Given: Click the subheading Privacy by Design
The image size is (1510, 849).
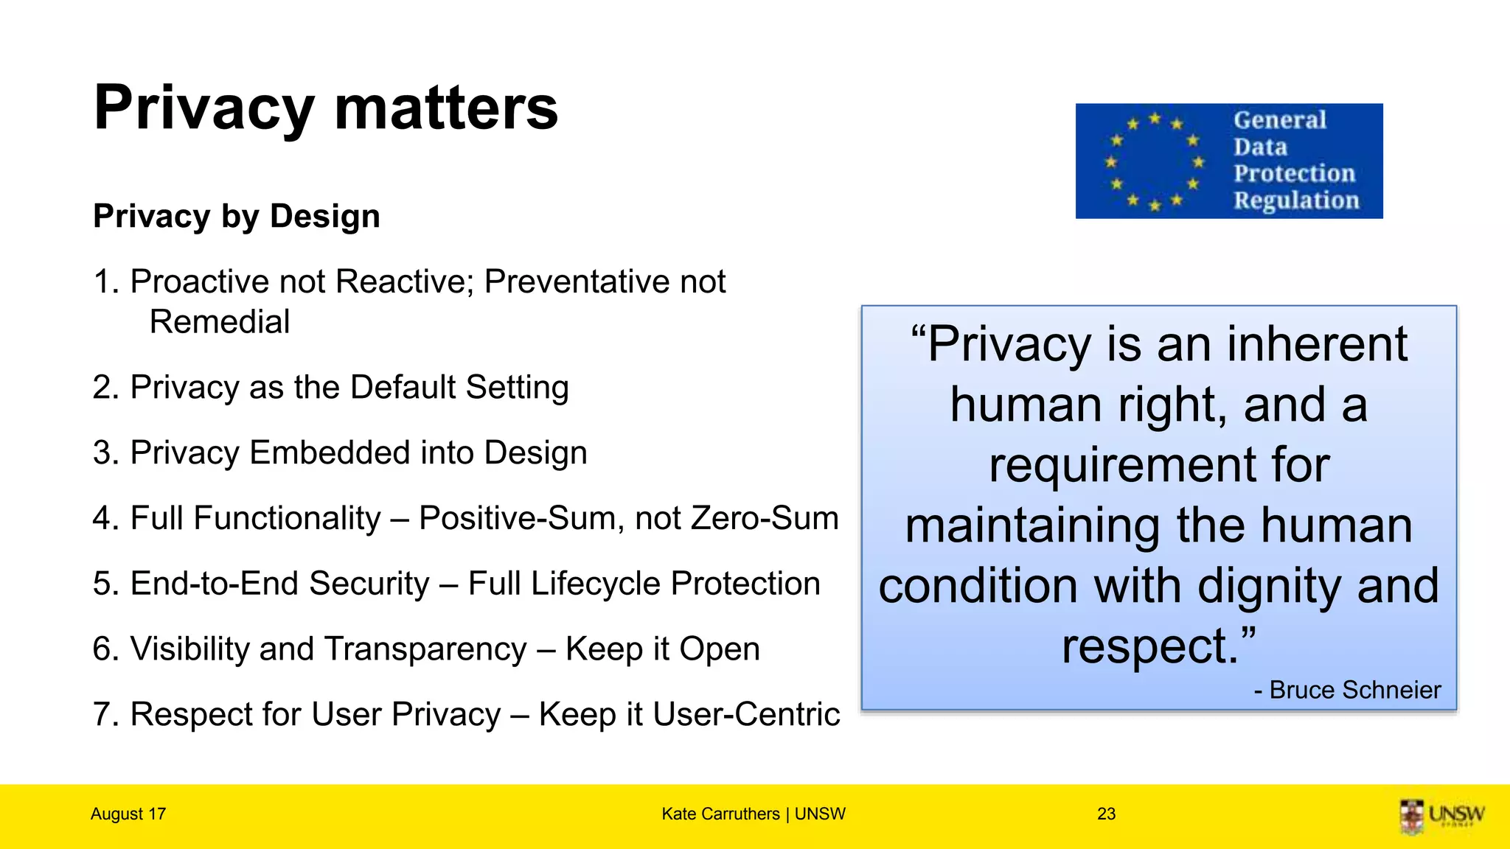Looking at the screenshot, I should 237,217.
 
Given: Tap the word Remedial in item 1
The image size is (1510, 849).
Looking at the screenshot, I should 220,322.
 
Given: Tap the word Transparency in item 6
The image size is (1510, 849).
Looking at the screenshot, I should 425,649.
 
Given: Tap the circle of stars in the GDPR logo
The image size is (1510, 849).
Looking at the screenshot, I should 1154,161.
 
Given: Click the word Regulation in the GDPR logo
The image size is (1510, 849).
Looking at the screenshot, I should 1296,200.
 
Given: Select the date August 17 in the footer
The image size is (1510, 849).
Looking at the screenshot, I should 128,814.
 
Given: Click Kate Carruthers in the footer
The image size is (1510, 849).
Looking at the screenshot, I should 720,814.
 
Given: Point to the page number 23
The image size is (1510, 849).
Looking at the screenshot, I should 1106,814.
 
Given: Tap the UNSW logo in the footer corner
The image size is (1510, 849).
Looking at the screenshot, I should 1441,816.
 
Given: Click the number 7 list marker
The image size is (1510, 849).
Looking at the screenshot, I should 102,714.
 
